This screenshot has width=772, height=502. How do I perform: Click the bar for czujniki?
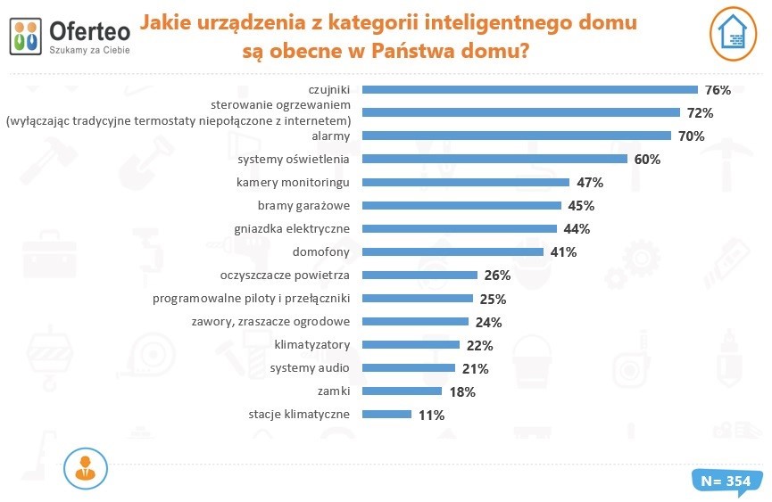tap(530, 89)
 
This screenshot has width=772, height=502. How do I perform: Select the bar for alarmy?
tap(517, 136)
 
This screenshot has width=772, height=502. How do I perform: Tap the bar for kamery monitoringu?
tap(466, 182)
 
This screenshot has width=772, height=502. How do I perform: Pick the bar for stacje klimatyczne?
tap(387, 414)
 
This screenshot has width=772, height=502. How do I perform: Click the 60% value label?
tap(646, 160)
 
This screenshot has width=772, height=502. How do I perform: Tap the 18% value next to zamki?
tap(461, 391)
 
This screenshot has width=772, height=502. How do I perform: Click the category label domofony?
tap(322, 251)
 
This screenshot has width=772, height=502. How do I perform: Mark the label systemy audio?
tap(310, 367)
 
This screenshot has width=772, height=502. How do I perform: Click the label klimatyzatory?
tap(311, 344)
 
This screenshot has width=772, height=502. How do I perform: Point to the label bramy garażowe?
tap(303, 205)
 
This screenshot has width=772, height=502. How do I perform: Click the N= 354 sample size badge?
tap(726, 481)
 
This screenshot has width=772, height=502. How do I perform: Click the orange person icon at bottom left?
tap(87, 468)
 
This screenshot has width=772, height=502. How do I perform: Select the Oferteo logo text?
tap(90, 29)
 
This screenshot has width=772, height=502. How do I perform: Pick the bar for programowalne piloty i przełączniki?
tap(419, 298)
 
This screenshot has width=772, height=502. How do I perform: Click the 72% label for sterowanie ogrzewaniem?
tap(700, 113)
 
